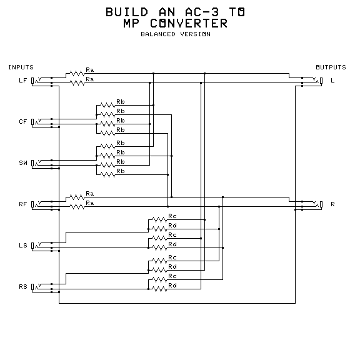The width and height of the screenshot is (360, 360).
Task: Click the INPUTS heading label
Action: coord(21,67)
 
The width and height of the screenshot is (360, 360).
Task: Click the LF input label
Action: coord(23,81)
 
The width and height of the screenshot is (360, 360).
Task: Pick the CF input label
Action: coord(23,122)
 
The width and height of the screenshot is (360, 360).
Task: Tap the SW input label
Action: coord(23,163)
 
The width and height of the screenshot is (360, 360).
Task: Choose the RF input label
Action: coord(23,204)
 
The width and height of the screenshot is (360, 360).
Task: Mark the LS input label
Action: coord(23,245)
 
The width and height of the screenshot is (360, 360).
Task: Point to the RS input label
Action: coord(23,286)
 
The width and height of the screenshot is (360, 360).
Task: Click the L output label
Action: coord(332,81)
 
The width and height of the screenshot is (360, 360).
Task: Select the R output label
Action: coord(332,204)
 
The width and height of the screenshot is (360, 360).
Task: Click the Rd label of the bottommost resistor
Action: coord(172,286)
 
